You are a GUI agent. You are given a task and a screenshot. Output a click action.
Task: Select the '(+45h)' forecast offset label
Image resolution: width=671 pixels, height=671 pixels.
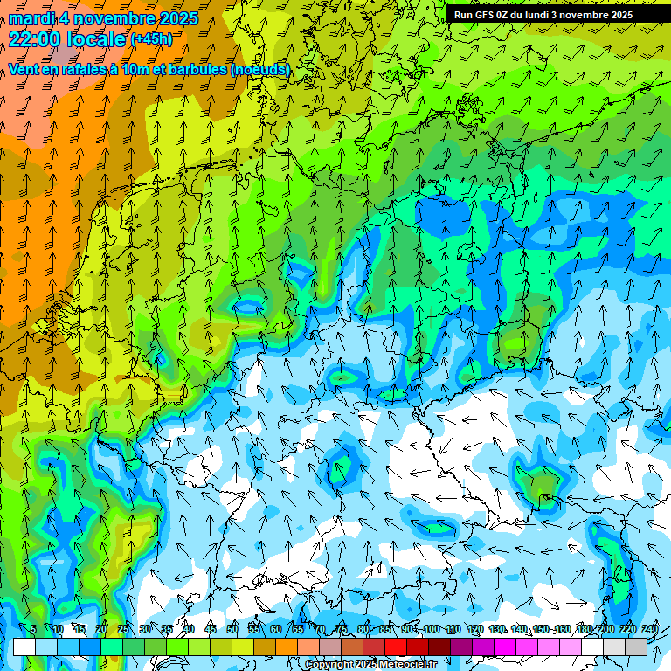(151, 39)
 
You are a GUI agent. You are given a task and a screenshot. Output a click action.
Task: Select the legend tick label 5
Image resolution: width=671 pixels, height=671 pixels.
(33, 630)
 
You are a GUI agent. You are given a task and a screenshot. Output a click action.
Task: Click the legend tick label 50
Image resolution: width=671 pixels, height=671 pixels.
(232, 630)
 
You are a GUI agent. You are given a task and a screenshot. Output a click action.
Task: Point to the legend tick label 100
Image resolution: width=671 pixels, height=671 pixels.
(432, 630)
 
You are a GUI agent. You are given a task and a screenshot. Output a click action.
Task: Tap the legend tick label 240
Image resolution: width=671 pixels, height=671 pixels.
(650, 630)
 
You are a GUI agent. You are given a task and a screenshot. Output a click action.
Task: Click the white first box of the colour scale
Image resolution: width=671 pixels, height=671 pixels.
(24, 647)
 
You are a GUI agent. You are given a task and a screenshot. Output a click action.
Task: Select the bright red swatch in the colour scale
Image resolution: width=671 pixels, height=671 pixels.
(396, 647)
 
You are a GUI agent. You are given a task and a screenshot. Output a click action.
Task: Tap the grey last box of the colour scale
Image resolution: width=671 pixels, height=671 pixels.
(637, 647)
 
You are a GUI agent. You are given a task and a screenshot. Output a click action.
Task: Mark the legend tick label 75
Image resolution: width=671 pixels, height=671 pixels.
(342, 630)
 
